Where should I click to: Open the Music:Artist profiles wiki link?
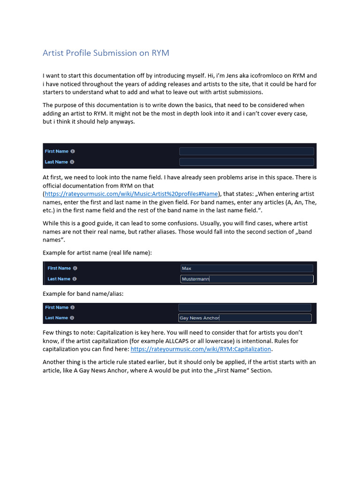tap(131, 194)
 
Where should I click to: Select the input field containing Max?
tap(247, 268)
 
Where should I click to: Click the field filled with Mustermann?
tap(247, 279)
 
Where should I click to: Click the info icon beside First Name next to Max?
tap(75, 268)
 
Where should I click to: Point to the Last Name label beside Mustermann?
tap(59, 279)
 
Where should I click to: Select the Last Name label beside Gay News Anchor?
tap(56, 318)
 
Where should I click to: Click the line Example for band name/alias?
tap(83, 293)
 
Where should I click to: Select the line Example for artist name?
tap(97, 253)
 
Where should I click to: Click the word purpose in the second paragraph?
tap(67, 105)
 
